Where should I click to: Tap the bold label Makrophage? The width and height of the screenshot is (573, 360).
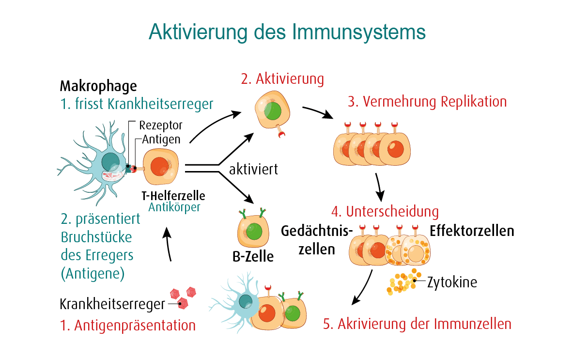(x=98, y=86)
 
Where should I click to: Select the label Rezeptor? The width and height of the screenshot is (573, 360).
(x=161, y=125)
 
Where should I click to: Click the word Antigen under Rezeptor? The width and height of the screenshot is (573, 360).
(x=161, y=139)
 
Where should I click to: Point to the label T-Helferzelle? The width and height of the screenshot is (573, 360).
(x=173, y=196)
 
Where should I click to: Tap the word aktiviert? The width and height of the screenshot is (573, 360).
(x=253, y=170)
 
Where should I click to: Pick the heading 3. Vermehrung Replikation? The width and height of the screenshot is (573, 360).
(x=427, y=102)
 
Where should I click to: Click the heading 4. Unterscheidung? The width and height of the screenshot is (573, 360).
(x=385, y=212)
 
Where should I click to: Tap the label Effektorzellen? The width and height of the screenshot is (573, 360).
(x=472, y=231)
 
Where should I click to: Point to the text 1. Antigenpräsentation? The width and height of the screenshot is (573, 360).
(x=128, y=325)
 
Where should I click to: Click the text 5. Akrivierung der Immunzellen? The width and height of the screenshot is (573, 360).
(x=417, y=323)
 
